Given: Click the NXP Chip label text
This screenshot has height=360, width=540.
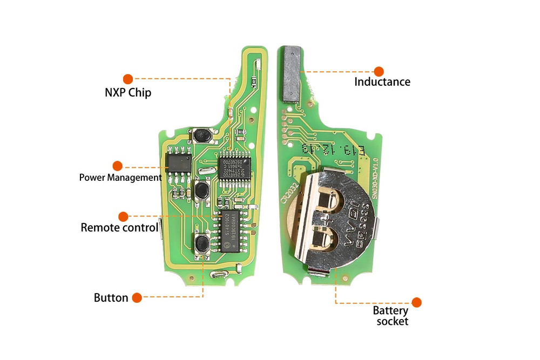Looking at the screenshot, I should click(x=128, y=92).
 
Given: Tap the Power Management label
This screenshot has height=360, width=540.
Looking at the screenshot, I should click(x=120, y=177).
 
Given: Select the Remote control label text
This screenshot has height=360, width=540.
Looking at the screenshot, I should click(x=119, y=227).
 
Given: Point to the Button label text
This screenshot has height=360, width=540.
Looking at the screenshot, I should click(x=111, y=297).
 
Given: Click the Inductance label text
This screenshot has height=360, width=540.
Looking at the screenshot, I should click(x=382, y=82).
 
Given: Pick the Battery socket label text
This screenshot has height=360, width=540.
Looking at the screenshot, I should click(x=390, y=316).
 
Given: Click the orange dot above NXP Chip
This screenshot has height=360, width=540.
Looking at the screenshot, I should click(x=128, y=79).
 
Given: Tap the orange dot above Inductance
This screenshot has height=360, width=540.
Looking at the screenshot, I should click(x=379, y=71).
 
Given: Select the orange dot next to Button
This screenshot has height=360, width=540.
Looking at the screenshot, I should click(x=137, y=297).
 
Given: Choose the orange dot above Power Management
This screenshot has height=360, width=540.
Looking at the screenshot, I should click(x=117, y=166).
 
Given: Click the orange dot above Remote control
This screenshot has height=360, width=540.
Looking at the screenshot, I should click(x=123, y=216).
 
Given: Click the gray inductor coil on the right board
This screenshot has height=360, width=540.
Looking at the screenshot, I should click(x=292, y=73).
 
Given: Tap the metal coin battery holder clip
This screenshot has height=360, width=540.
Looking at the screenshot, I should click(x=335, y=219).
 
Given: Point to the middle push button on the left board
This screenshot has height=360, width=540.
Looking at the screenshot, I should click(x=202, y=190).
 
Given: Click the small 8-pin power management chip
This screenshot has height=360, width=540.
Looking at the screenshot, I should click(x=179, y=161).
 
